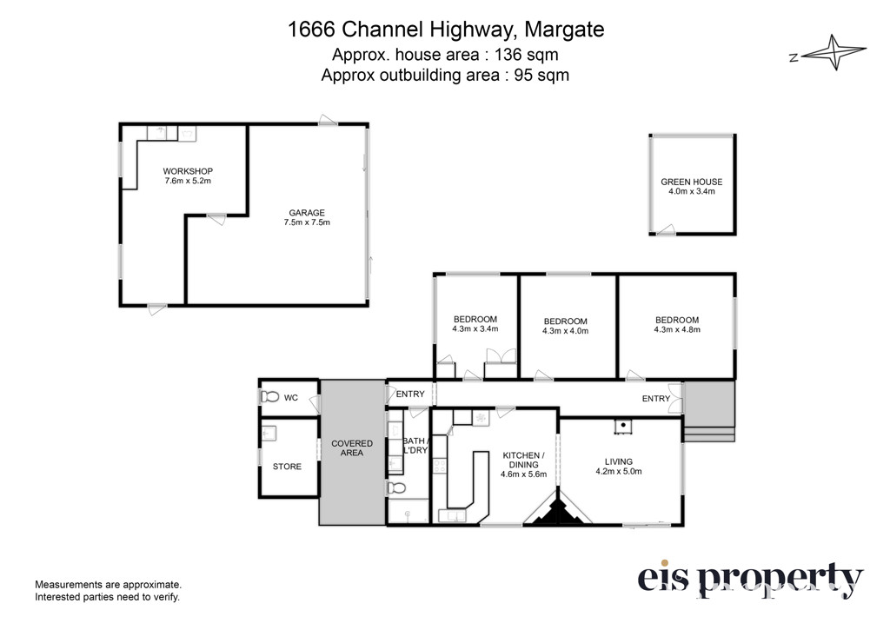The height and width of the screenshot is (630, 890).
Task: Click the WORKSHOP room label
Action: tap(188, 171)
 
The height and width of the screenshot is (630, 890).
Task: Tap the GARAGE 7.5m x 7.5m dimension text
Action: tap(307, 222)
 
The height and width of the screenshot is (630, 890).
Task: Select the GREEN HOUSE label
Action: tap(691, 182)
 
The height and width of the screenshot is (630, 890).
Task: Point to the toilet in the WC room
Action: tap(269, 397)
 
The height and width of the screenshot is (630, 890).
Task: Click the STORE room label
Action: tap(287, 467)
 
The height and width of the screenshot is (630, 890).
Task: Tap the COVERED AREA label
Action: tap(352, 448)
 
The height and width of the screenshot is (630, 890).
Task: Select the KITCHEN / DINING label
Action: tap(523, 460)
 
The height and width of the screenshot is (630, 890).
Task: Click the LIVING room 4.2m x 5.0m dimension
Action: tap(619, 471)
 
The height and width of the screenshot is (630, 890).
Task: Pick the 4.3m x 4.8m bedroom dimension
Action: tap(677, 329)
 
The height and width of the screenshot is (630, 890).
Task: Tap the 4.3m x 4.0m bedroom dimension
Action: tap(565, 331)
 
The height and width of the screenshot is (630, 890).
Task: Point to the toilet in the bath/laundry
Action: tap(396, 488)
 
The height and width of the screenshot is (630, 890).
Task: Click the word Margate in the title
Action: tap(564, 29)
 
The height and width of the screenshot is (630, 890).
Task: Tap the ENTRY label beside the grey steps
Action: tap(656, 399)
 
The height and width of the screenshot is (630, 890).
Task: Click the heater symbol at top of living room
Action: tap(622, 426)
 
